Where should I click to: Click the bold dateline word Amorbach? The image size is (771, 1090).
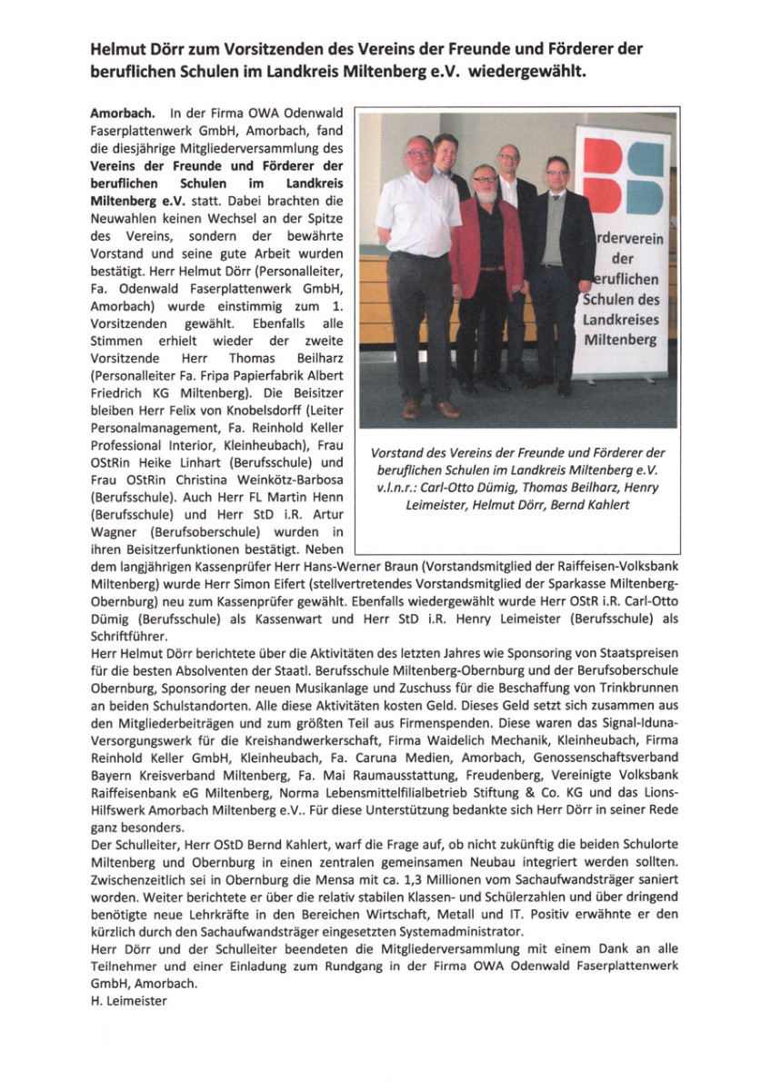(116, 115)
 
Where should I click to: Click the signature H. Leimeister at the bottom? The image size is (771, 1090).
(129, 1000)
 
